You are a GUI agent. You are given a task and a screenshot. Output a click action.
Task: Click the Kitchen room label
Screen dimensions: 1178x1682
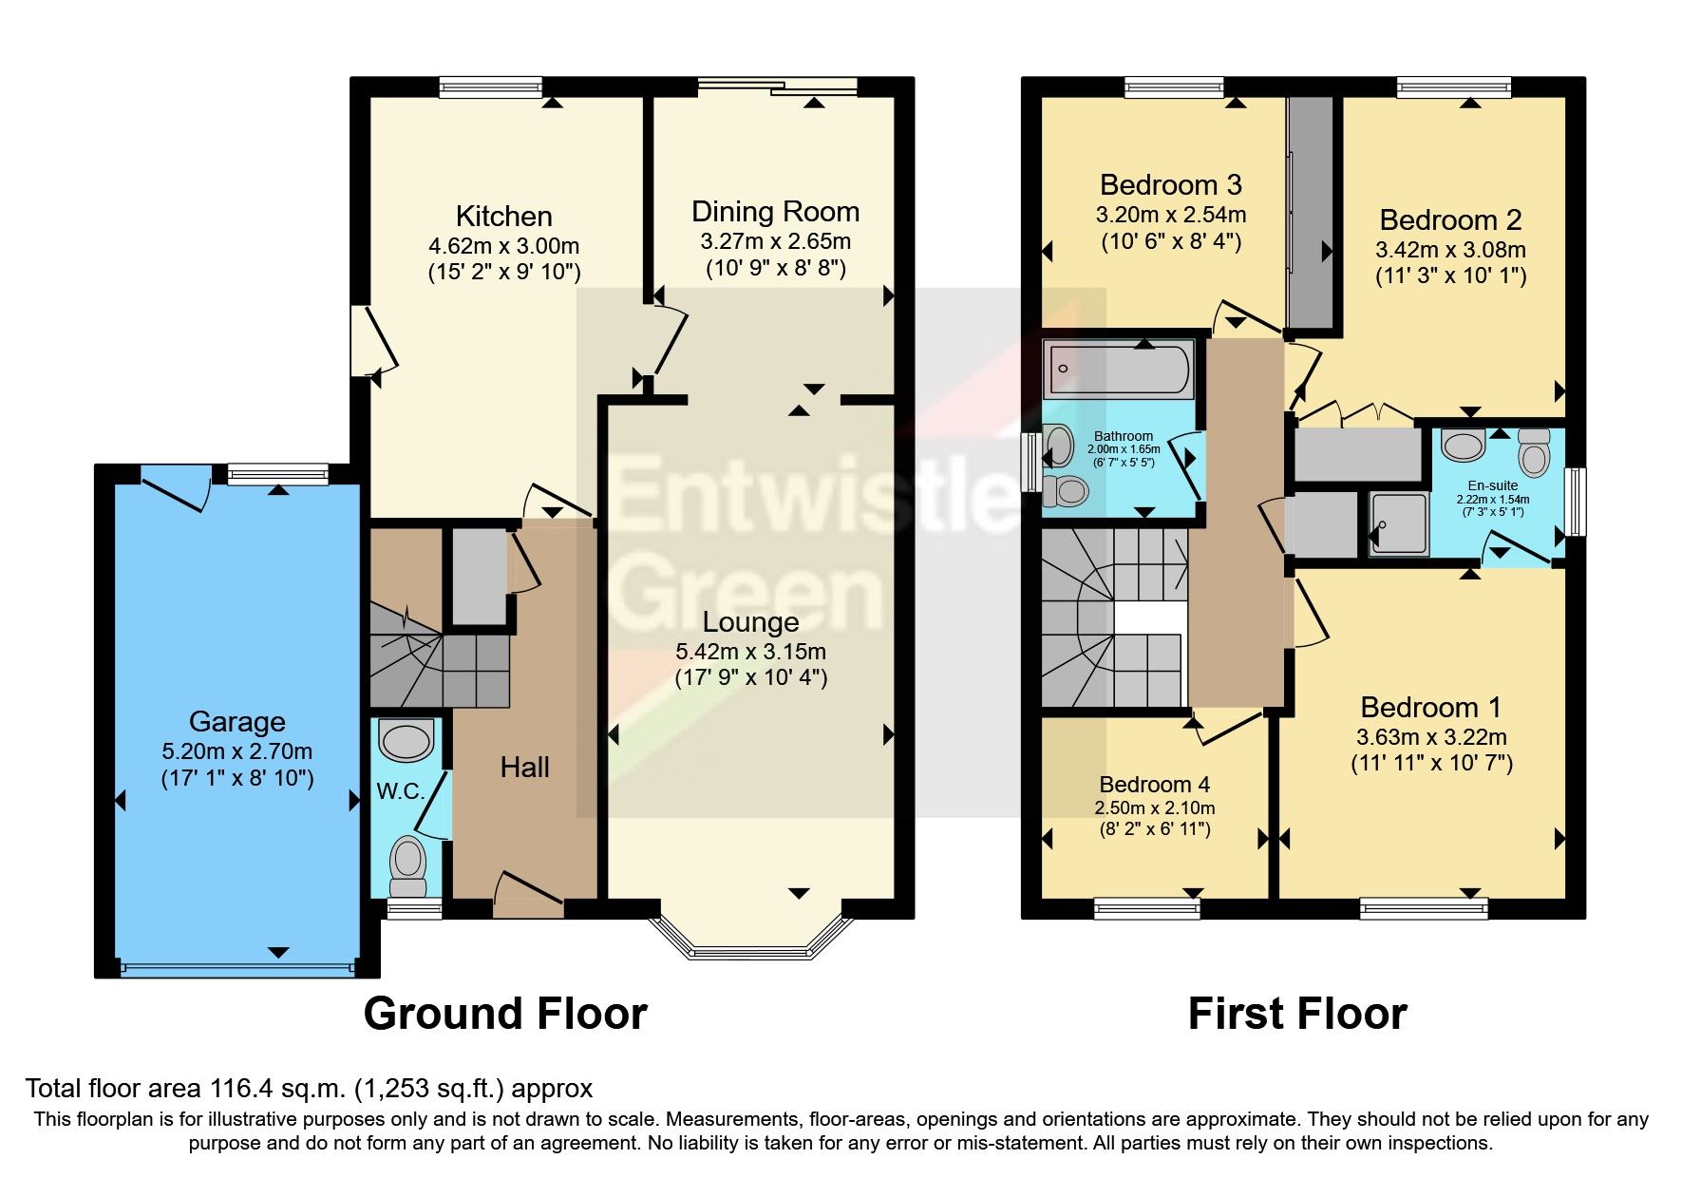click(503, 217)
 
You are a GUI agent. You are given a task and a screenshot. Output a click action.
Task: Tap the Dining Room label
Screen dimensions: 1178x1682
click(775, 212)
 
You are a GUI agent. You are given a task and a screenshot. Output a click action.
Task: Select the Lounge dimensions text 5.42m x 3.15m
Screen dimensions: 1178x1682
click(750, 652)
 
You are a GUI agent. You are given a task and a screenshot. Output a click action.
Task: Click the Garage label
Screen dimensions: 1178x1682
click(236, 722)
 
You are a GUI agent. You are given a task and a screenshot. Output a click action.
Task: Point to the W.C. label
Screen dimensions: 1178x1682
click(400, 791)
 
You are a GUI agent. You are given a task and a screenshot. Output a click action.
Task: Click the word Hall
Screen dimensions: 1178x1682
click(524, 768)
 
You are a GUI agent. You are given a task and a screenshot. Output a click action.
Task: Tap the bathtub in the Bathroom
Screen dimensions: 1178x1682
click(1118, 369)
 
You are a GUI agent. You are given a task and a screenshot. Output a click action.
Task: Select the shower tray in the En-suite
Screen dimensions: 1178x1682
click(1398, 523)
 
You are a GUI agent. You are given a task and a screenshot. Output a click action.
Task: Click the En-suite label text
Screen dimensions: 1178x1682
click(1492, 485)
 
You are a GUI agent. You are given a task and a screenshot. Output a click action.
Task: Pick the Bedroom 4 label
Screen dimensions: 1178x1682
click(1154, 785)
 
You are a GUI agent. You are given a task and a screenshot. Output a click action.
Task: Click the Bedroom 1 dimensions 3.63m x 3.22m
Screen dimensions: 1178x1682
click(1430, 737)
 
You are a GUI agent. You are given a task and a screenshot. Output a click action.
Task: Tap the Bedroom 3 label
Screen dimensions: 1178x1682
click(1170, 185)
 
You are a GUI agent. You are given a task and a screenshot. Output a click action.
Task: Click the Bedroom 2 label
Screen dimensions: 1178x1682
click(1449, 220)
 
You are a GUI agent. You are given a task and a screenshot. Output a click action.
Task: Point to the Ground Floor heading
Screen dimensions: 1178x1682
click(505, 1014)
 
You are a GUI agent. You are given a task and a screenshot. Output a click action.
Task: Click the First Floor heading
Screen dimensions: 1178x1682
click(1296, 1014)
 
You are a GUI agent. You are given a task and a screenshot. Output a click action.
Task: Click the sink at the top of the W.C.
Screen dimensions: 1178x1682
click(406, 739)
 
